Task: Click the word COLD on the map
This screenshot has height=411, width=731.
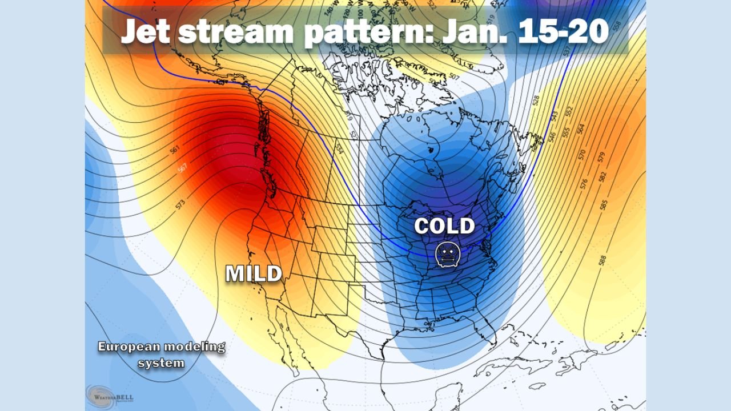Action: (444, 226)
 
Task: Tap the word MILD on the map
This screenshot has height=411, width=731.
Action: (254, 273)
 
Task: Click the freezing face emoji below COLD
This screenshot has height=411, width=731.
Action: (447, 255)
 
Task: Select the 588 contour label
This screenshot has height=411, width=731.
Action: (603, 260)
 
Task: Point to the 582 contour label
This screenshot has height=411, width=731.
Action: (603, 176)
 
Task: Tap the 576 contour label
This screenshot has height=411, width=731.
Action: (584, 183)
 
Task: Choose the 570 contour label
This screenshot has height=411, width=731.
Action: (582, 154)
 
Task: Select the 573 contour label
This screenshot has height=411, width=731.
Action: (181, 204)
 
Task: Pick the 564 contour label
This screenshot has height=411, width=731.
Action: (581, 129)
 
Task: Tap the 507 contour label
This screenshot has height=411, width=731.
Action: (455, 77)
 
